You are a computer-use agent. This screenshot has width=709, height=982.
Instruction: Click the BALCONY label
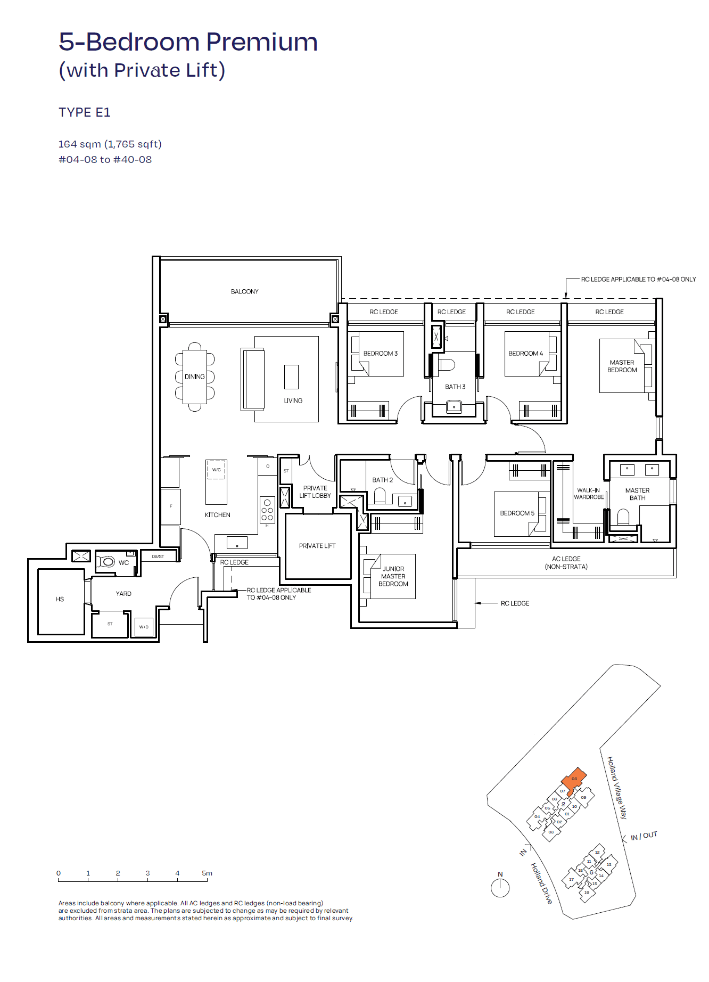click(x=244, y=291)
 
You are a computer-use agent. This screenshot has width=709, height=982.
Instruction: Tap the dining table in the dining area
click(x=195, y=377)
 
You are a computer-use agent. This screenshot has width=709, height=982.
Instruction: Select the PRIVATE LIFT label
click(x=317, y=546)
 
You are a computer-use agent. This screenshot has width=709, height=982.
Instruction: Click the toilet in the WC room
click(x=107, y=561)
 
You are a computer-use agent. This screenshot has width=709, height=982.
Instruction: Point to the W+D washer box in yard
click(x=144, y=627)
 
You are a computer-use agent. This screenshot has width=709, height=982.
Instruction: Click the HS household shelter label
click(x=60, y=599)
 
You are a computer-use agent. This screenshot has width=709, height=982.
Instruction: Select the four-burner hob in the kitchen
click(x=267, y=510)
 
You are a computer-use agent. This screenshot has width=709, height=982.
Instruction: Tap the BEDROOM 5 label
click(x=517, y=513)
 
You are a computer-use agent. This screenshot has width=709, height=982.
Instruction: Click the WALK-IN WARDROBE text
click(x=589, y=494)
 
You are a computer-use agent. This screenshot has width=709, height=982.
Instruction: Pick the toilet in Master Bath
click(x=623, y=517)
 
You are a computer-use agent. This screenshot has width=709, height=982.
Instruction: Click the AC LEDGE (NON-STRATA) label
click(x=566, y=563)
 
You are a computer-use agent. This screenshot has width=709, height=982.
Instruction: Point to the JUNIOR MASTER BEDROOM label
click(x=393, y=576)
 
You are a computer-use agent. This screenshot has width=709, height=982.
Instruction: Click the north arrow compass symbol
click(x=500, y=887)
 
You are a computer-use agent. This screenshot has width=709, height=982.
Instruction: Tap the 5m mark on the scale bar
click(x=207, y=873)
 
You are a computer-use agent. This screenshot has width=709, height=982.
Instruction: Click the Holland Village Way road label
click(x=617, y=788)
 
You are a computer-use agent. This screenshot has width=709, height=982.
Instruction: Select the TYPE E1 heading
click(x=85, y=112)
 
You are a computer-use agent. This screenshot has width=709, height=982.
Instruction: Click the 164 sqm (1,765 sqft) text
click(x=110, y=144)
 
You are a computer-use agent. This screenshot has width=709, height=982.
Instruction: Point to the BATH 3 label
click(x=455, y=387)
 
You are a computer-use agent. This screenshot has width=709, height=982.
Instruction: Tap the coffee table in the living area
click(x=291, y=377)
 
